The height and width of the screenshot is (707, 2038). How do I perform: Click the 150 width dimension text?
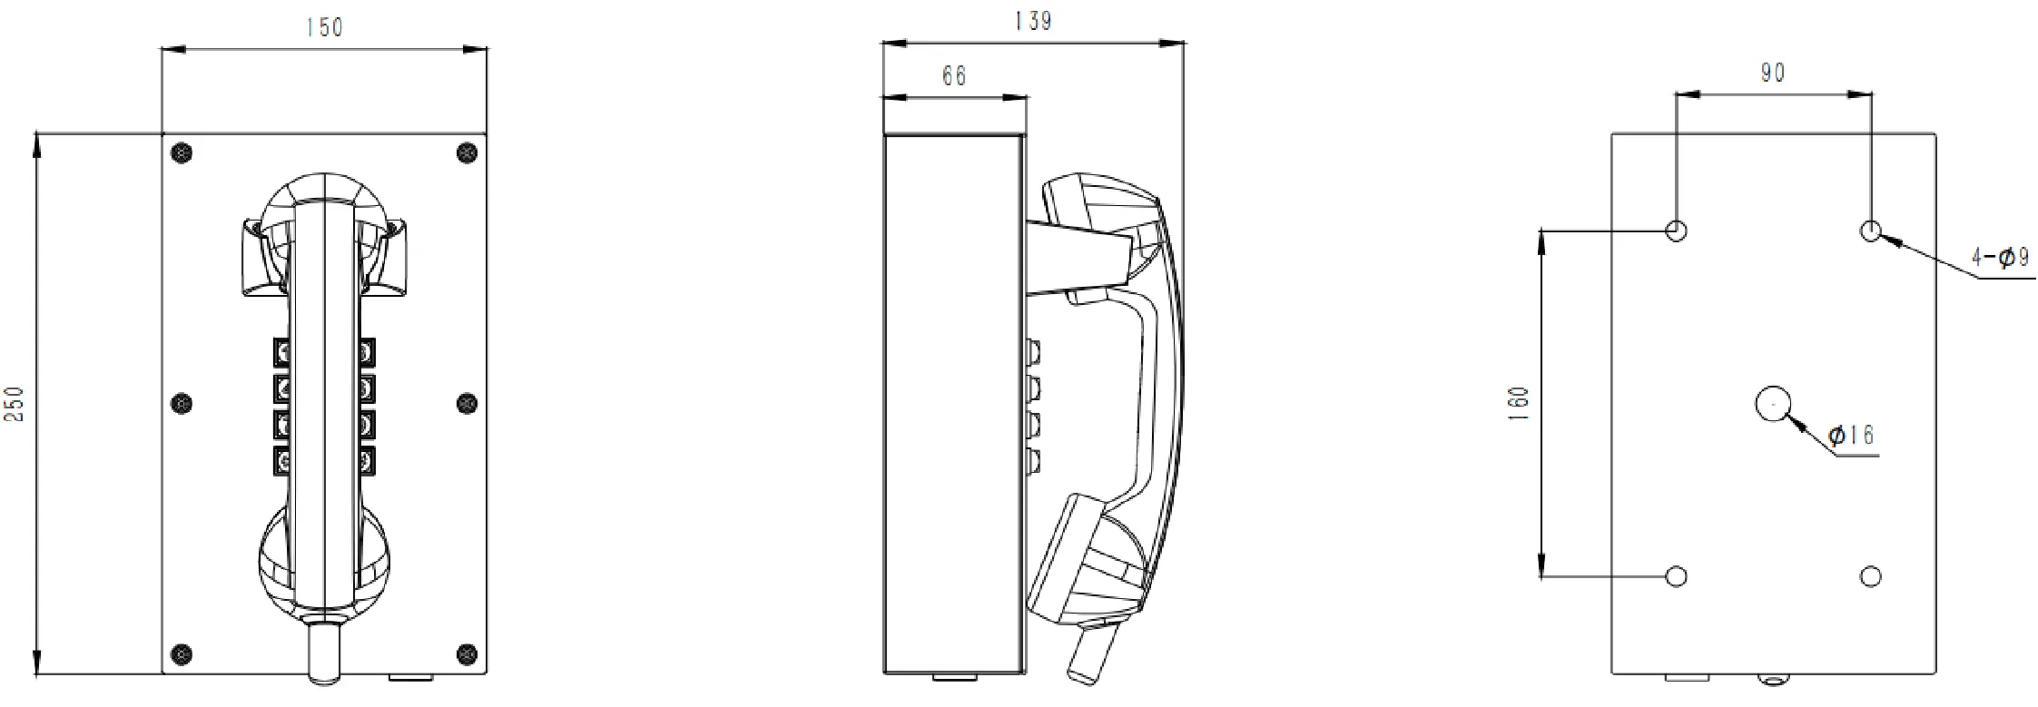(x=324, y=28)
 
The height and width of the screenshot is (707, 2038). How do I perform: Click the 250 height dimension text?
(x=15, y=404)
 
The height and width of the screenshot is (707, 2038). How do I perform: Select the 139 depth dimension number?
(x=1033, y=21)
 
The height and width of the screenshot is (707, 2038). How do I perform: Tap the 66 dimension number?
(x=954, y=76)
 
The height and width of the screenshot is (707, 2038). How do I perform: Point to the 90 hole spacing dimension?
(x=1773, y=74)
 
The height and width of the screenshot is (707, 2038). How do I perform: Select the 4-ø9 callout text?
(x=2000, y=259)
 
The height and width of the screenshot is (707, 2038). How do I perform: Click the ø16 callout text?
(x=1851, y=436)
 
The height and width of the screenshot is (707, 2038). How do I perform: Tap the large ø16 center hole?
(x=1772, y=404)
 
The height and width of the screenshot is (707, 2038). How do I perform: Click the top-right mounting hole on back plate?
(x=1871, y=231)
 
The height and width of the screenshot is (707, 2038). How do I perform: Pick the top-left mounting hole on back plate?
(x=1677, y=231)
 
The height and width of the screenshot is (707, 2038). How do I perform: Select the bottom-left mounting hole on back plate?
(x=1677, y=576)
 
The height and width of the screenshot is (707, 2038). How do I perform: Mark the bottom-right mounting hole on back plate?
(x=1871, y=576)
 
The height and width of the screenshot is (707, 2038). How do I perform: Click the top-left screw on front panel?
(x=182, y=153)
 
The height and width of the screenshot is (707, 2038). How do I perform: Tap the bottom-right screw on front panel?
(x=467, y=653)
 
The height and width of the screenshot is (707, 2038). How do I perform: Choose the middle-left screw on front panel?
(x=182, y=403)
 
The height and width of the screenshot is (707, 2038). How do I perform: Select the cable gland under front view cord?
(x=324, y=652)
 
